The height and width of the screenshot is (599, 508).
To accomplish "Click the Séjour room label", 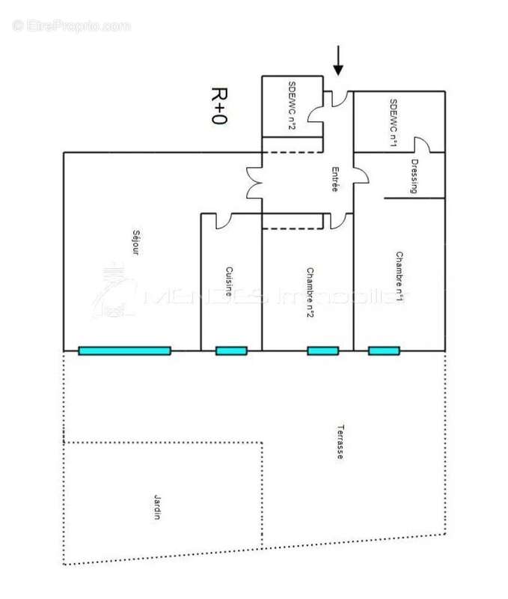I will tap(135, 241).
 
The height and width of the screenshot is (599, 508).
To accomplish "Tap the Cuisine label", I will tap(230, 283).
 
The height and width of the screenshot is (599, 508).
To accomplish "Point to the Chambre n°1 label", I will tap(400, 277).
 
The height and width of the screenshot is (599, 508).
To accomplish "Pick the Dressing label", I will tap(414, 177).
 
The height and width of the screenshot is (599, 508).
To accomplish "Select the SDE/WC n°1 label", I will tap(393, 121).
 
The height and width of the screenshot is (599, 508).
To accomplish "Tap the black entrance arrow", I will tap(338, 61).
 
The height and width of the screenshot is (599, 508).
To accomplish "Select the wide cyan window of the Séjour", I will tap(125, 350).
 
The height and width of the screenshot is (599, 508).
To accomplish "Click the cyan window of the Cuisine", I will tap(231, 350).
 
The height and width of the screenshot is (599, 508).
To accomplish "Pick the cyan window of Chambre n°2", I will tap(322, 350).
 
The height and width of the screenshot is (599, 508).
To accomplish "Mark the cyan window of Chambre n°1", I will tap(383, 350).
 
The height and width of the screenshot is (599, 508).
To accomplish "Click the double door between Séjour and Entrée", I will tap(253, 182).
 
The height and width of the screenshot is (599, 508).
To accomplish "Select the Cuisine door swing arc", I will tap(224, 220).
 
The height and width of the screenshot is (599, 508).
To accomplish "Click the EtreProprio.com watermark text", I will tap(71, 25).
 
